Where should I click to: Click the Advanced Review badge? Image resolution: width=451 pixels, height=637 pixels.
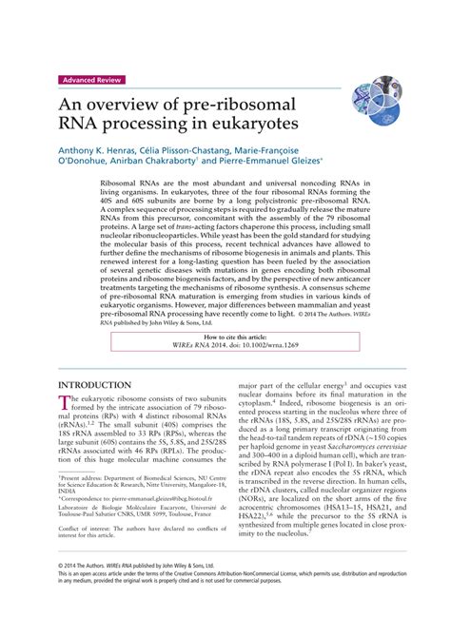(x=96, y=80)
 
